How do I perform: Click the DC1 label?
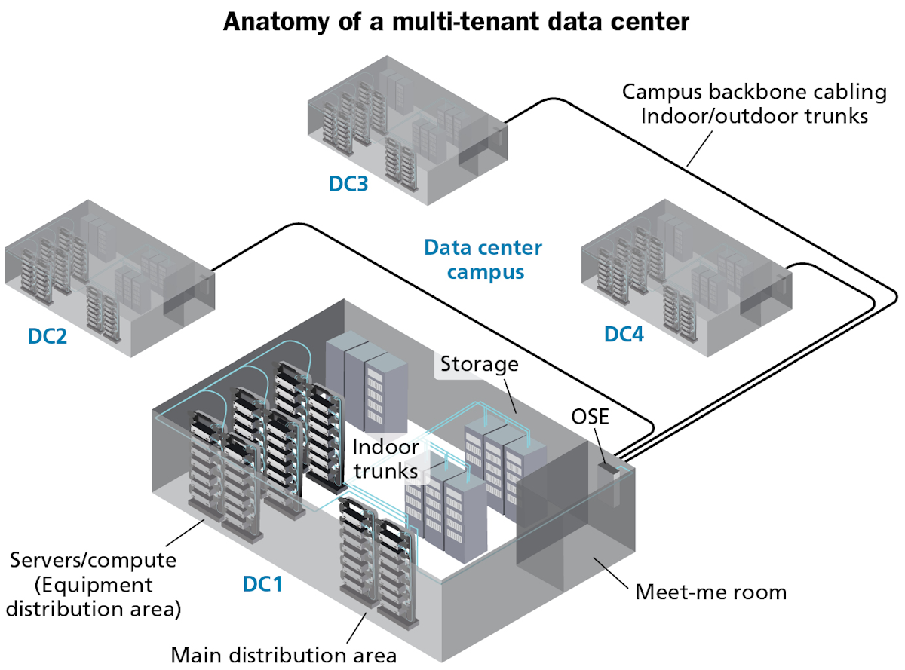pyautogui.click(x=262, y=583)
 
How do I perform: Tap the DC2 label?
pyautogui.click(x=48, y=335)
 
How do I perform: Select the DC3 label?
pyautogui.click(x=348, y=183)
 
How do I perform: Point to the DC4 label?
pyautogui.click(x=624, y=334)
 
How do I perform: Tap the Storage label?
pyautogui.click(x=480, y=364)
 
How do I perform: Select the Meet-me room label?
pyautogui.click(x=710, y=592)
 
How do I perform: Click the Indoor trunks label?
pyautogui.click(x=385, y=458)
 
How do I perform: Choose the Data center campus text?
pyautogui.click(x=483, y=259)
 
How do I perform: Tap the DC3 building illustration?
pyautogui.click(x=407, y=128)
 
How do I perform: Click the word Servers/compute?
pyautogui.click(x=94, y=561)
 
